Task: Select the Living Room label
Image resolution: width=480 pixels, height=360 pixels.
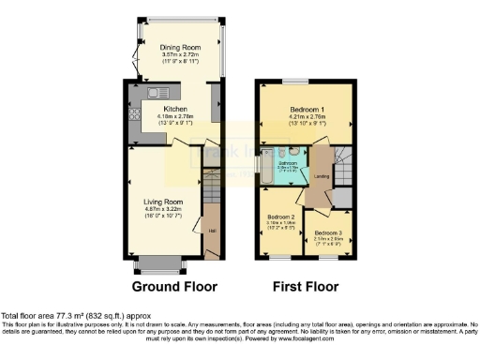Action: (162, 201)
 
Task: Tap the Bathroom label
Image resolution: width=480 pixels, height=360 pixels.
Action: (280, 161)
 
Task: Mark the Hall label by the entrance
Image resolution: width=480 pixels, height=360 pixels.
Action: (211, 229)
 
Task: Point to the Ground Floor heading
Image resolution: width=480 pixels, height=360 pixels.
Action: (174, 287)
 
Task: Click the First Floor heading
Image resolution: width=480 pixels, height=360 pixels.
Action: (306, 287)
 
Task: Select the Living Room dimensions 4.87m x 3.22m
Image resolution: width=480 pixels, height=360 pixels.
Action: (162, 208)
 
